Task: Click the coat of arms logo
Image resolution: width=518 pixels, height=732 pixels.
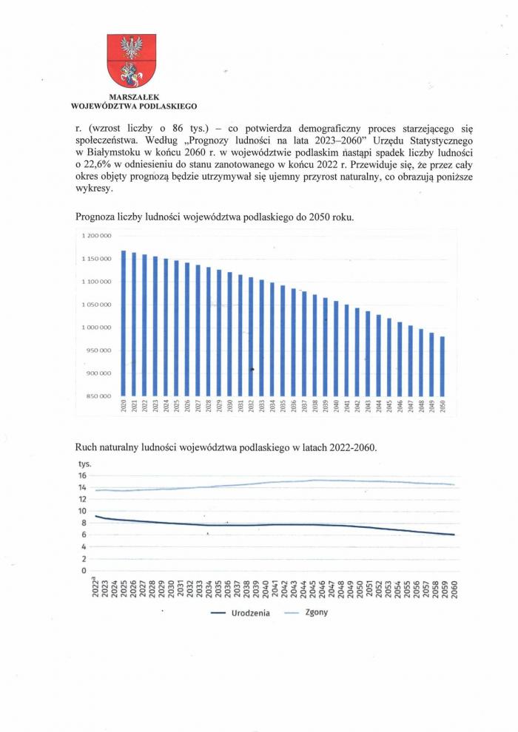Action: pos(132,61)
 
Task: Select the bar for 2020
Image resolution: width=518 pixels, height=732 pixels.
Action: pos(124,322)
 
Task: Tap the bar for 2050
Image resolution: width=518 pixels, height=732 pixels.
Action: pos(443,366)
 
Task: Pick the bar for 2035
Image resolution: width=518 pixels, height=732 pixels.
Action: pos(283,340)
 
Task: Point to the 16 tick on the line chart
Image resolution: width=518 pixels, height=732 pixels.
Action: pos(82,476)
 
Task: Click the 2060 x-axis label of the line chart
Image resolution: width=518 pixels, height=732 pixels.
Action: pos(451,588)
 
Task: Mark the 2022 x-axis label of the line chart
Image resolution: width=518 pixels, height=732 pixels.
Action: pos(96,588)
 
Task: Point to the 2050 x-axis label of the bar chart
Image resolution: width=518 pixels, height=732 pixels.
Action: pos(443,407)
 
